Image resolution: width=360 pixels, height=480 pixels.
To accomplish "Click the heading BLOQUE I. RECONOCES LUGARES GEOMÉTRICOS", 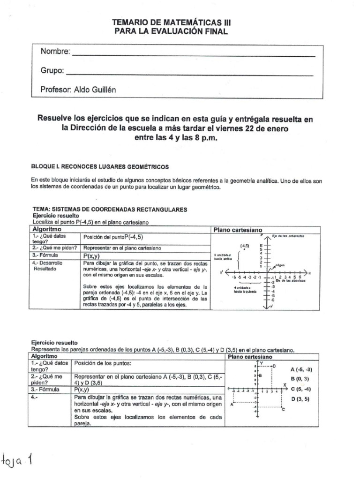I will (99, 167).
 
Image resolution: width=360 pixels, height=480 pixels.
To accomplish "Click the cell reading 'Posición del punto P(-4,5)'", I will (112, 238).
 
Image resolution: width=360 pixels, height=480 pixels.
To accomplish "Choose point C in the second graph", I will (282, 409).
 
